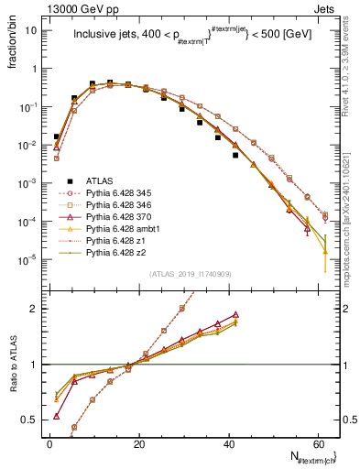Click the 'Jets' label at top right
click(x=325, y=8)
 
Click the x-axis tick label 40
click(x=228, y=443)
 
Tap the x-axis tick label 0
click(x=49, y=443)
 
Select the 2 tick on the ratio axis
click(x=35, y=309)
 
